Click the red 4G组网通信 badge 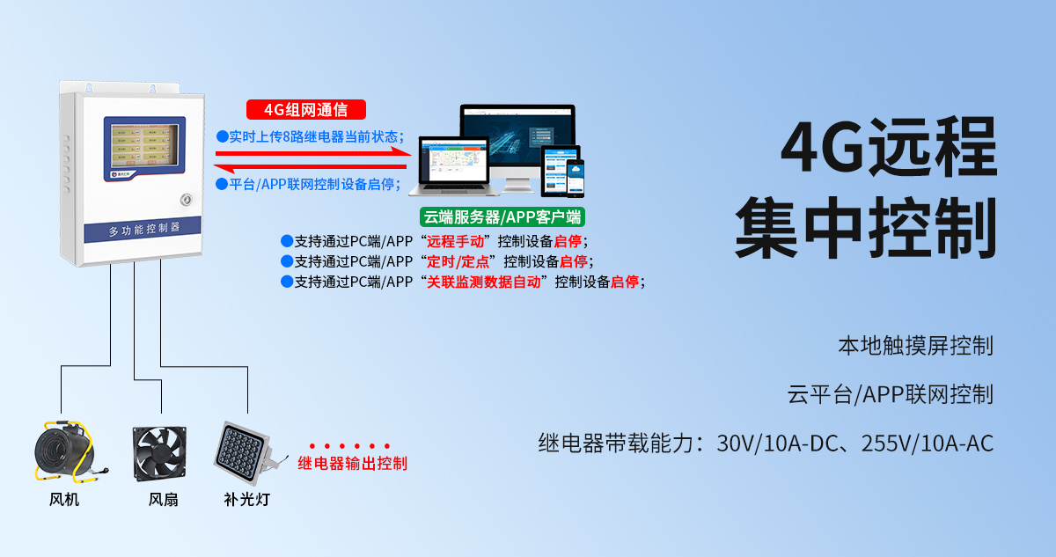tap(305, 110)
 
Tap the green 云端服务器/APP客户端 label tap(502, 216)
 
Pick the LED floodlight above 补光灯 tap(247, 451)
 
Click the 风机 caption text tap(64, 500)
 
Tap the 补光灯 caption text tap(247, 500)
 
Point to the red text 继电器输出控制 tap(352, 464)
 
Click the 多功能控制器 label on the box tap(143, 230)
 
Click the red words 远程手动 tap(455, 241)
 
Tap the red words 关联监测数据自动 tap(483, 282)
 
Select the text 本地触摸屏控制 tap(915, 346)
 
